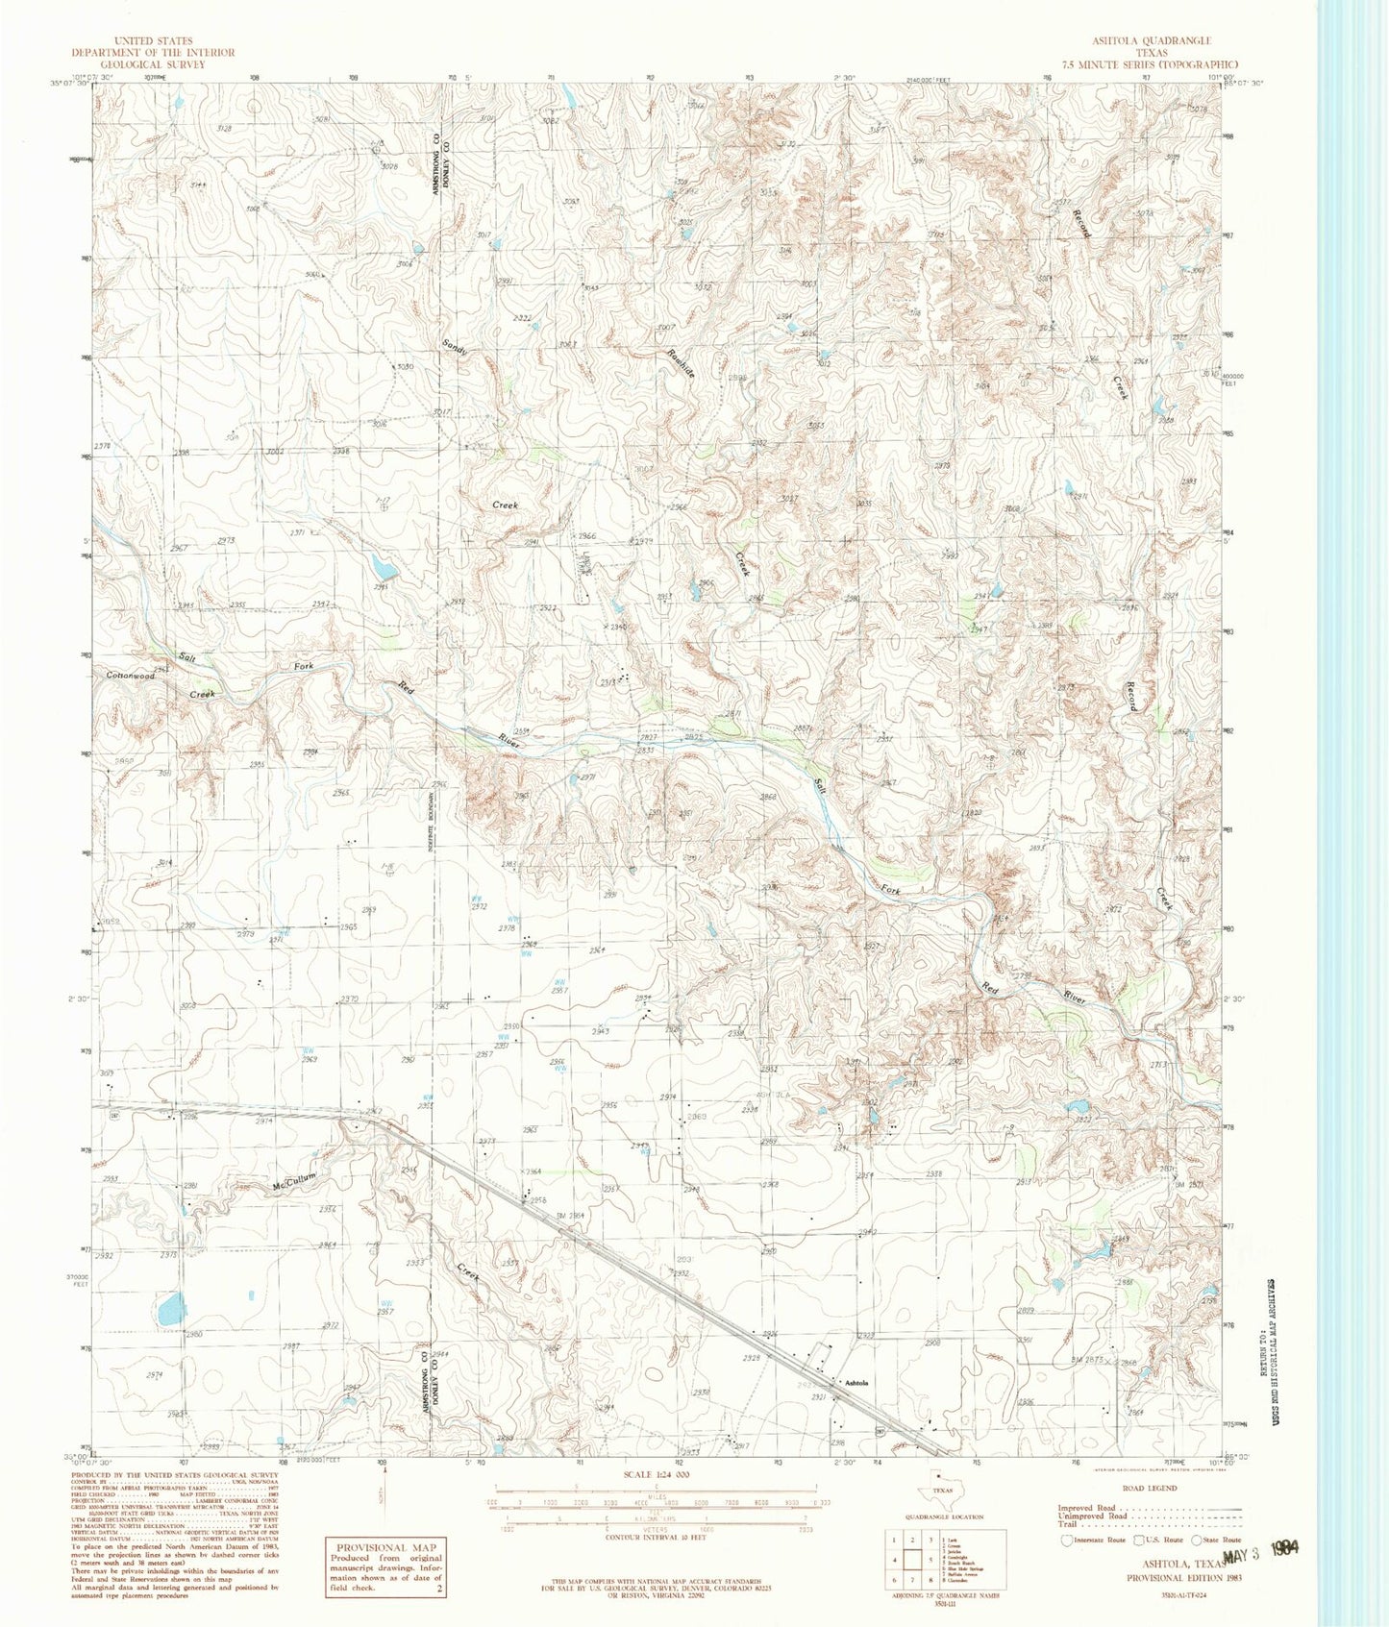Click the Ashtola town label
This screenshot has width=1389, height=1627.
coord(856,1382)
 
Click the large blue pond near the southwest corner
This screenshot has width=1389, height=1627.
coord(171,1308)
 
